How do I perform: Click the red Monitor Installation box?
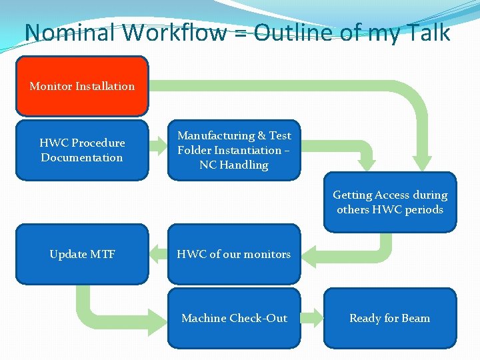(x=82, y=86)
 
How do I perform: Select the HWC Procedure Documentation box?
(x=82, y=150)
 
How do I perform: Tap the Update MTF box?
(x=82, y=254)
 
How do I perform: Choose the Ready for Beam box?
(x=390, y=318)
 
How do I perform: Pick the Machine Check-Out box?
(x=234, y=318)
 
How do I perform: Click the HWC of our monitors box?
(x=234, y=254)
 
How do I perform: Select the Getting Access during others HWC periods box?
(x=390, y=202)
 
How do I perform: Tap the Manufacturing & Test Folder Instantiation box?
(x=234, y=150)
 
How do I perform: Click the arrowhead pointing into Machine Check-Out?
(x=159, y=318)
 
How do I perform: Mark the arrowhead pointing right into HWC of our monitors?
(x=308, y=254)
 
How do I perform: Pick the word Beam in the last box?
(x=415, y=318)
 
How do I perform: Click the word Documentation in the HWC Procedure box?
(x=82, y=158)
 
